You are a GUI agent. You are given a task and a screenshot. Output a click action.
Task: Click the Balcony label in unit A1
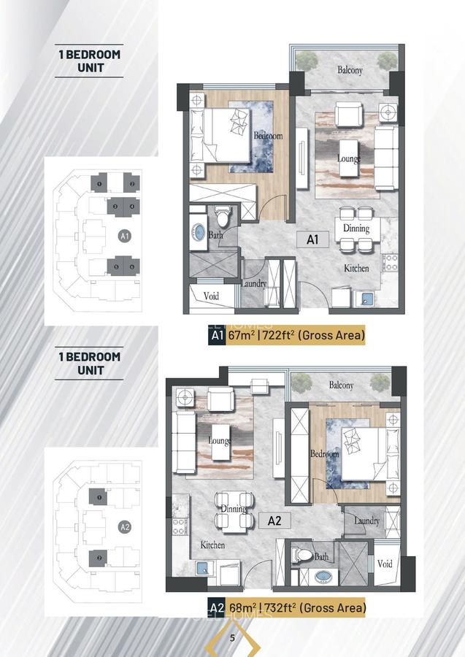(x=350, y=70)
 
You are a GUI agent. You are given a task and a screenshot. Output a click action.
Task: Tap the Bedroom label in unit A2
(x=324, y=453)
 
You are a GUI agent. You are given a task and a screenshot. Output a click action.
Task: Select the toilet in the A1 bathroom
(x=223, y=217)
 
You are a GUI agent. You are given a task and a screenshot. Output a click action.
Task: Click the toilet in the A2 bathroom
(x=299, y=556)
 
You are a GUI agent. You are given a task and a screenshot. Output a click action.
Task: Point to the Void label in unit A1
(x=212, y=296)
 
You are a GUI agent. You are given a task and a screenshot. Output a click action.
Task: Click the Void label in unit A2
(x=385, y=564)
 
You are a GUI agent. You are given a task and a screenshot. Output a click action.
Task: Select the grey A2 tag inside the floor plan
(x=274, y=520)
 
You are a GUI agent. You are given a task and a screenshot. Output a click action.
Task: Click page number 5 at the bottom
(x=232, y=638)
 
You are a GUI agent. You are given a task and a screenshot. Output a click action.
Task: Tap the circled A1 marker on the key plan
(x=124, y=236)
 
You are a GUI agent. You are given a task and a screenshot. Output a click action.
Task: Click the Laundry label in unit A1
(x=253, y=283)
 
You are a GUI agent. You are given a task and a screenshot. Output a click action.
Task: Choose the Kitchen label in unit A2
(x=212, y=545)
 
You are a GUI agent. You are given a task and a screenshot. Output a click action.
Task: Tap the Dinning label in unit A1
(x=356, y=228)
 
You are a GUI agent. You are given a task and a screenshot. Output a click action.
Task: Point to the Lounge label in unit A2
(x=219, y=440)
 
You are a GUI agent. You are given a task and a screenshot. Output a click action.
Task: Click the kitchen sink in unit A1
(x=364, y=298)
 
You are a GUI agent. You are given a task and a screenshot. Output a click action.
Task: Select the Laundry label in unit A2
(x=366, y=520)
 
